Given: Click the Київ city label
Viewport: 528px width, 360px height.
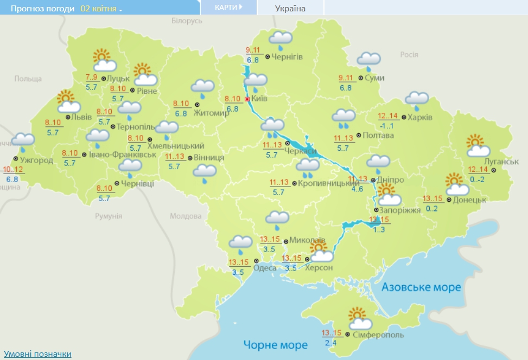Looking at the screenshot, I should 259,99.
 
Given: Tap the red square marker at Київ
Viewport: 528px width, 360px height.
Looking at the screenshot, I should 247,99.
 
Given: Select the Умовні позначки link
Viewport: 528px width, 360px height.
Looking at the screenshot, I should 37,353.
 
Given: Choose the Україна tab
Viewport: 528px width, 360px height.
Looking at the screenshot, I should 290,8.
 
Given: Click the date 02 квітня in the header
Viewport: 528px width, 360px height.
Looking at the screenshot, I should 101,9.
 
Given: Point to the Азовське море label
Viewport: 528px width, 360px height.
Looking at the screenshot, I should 421,287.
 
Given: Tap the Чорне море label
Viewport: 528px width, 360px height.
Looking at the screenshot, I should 275,344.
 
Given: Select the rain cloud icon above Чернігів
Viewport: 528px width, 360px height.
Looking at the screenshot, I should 281,39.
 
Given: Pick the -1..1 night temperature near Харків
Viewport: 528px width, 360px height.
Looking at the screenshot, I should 387,126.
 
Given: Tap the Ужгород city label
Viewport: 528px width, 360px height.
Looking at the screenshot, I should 36,160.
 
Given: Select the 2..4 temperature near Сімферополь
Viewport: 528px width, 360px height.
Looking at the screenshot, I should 330,343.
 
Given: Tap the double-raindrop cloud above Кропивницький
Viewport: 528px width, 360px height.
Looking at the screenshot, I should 308,167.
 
